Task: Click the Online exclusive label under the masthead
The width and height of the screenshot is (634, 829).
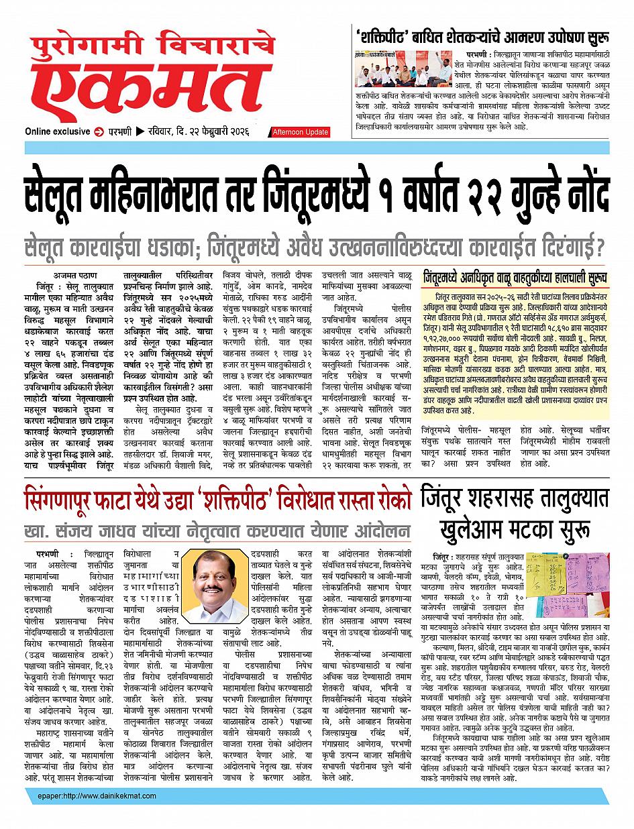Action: coord(57,131)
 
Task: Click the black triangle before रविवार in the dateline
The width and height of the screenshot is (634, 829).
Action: coord(140,131)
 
